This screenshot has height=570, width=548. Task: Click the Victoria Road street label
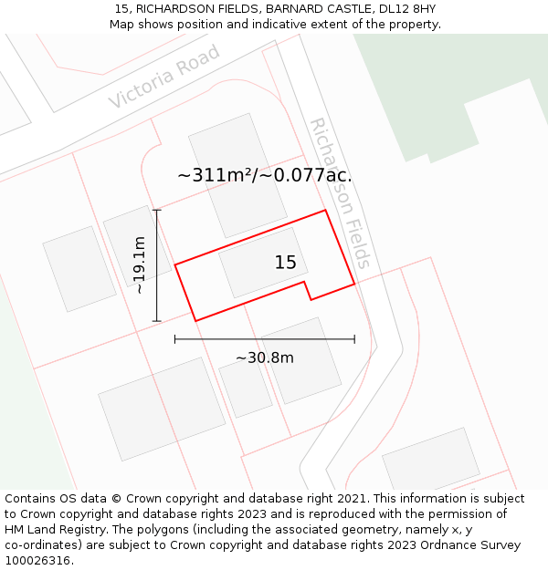coord(164,77)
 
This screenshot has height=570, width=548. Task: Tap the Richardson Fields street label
coord(340,192)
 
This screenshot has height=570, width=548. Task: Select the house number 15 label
coord(285,263)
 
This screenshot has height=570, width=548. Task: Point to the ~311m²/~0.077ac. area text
coord(264,175)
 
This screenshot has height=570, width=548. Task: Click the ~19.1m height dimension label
coord(138,264)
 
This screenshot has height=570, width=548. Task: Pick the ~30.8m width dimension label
coord(265,358)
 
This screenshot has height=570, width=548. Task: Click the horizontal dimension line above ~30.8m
coord(265,339)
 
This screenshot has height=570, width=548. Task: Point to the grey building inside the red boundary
coord(262,263)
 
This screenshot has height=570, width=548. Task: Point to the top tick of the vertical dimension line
coord(157,211)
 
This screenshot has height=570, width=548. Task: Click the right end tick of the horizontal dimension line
coord(354,339)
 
